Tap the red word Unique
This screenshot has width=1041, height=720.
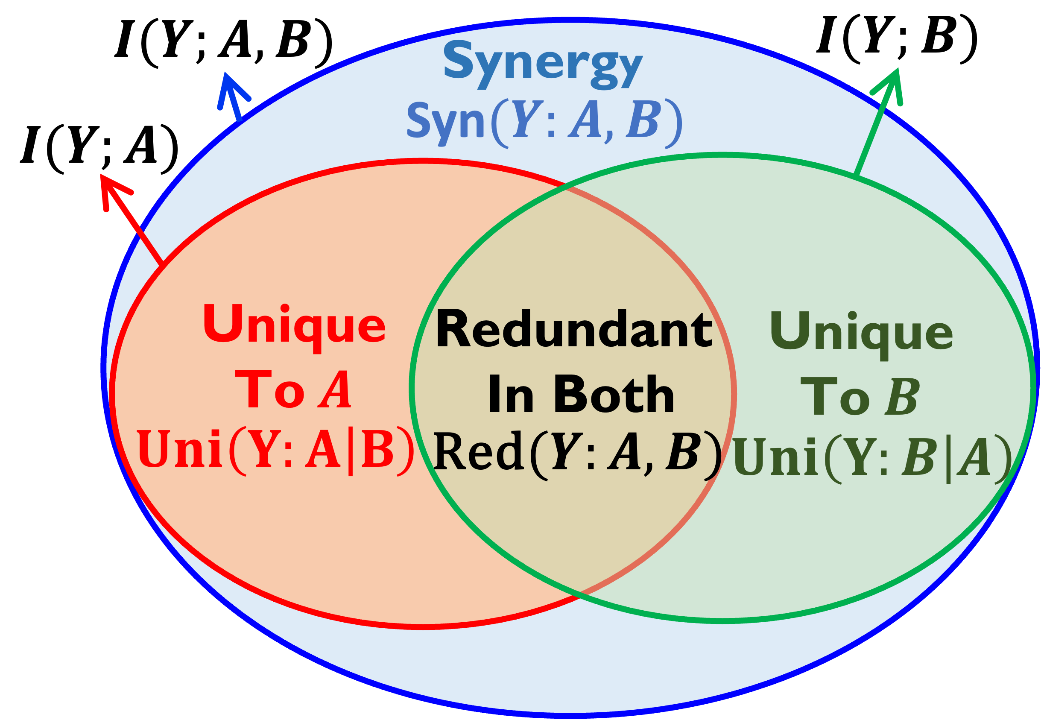pyautogui.click(x=294, y=326)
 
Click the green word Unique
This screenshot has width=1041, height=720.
pyautogui.click(x=861, y=334)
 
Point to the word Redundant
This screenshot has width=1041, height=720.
pyautogui.click(x=574, y=329)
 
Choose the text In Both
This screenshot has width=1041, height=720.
pyautogui.click(x=580, y=393)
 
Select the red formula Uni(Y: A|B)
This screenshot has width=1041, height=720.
pyautogui.click(x=275, y=450)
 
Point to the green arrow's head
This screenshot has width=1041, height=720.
pyautogui.click(x=892, y=81)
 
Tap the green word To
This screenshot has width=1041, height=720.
pyautogui.click(x=835, y=397)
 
